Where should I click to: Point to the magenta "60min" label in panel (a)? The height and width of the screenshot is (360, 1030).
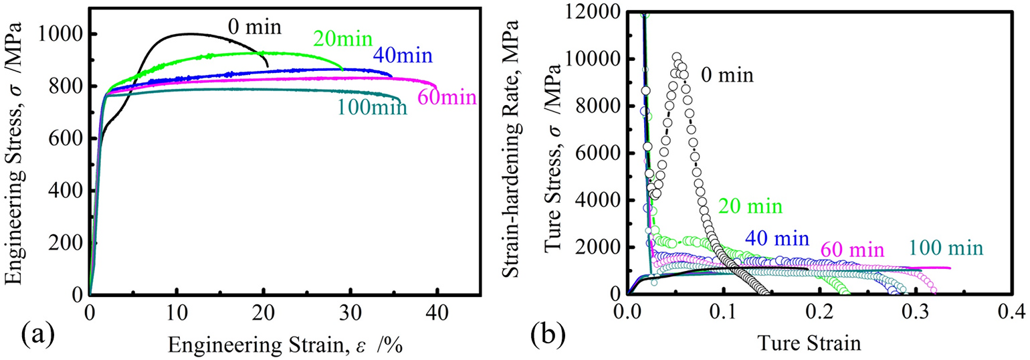click(447, 98)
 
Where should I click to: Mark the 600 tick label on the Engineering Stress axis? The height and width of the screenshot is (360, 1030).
click(67, 139)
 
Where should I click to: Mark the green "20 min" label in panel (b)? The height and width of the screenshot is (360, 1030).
click(750, 206)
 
